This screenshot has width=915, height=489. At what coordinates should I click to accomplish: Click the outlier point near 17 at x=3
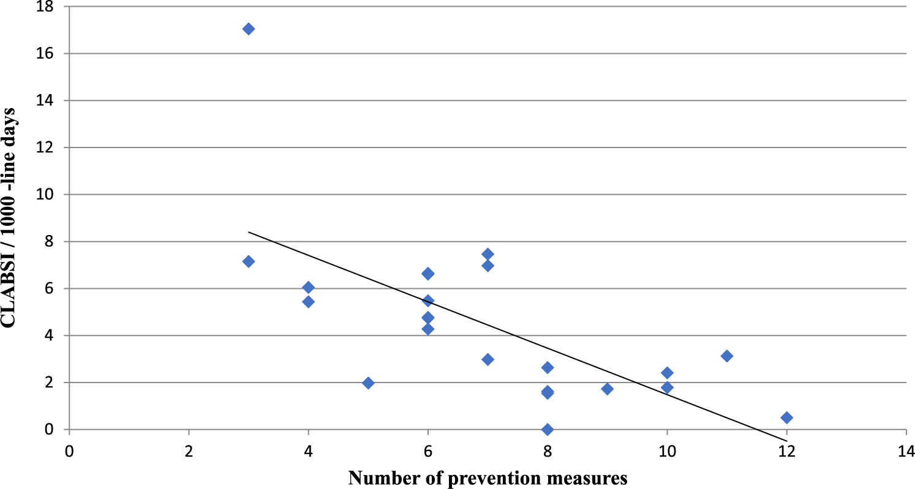tap(248, 29)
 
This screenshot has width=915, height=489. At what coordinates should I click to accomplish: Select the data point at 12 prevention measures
tap(786, 417)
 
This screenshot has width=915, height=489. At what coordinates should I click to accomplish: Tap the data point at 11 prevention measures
tap(726, 356)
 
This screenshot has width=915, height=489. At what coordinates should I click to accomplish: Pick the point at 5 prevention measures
tap(368, 383)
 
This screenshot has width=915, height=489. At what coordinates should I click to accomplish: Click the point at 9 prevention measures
tap(607, 389)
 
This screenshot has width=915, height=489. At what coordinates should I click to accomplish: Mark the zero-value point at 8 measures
tap(548, 429)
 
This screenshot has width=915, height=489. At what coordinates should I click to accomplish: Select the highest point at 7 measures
tap(488, 254)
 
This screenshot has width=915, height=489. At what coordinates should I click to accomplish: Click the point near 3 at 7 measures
tap(488, 359)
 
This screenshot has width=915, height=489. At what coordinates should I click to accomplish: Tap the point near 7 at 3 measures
tap(248, 261)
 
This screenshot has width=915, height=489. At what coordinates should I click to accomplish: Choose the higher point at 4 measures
tap(308, 288)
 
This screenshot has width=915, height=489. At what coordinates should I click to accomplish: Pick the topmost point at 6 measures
tap(428, 274)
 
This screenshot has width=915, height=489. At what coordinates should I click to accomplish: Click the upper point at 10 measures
tap(667, 373)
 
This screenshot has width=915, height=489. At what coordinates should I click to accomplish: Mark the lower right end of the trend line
tap(786, 441)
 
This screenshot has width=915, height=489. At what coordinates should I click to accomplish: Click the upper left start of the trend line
tap(248, 232)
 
